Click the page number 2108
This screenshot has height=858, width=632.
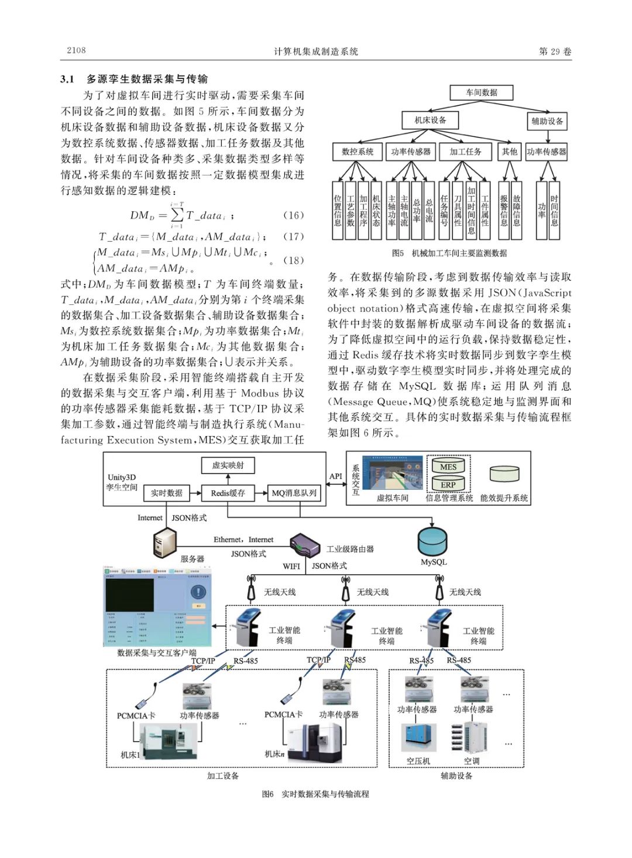pyautogui.click(x=76, y=50)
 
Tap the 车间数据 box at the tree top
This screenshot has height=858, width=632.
pyautogui.click(x=481, y=92)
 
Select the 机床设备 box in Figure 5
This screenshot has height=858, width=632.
pyautogui.click(x=430, y=120)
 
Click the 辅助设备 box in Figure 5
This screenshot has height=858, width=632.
pyautogui.click(x=547, y=121)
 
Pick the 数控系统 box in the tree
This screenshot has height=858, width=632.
pyautogui.click(x=357, y=152)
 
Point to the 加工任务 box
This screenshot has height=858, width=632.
pyautogui.click(x=465, y=152)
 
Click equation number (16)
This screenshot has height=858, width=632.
pyautogui.click(x=293, y=215)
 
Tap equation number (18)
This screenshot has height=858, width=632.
pyautogui.click(x=293, y=260)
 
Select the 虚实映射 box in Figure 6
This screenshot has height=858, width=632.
pyautogui.click(x=228, y=465)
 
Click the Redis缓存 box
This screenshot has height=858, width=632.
pyautogui.click(x=228, y=493)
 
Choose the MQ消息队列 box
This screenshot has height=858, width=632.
pyautogui.click(x=294, y=493)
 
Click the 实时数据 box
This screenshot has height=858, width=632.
pyautogui.click(x=167, y=493)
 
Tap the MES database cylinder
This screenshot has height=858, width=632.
pyautogui.click(x=448, y=466)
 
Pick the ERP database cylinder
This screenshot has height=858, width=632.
pyautogui.click(x=448, y=484)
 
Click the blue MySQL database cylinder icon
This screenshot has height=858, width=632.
pyautogui.click(x=432, y=541)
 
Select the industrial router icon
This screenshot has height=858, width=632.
pyautogui.click(x=305, y=545)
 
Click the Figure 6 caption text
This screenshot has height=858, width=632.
pyautogui.click(x=315, y=794)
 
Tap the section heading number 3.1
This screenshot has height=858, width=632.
pyautogui.click(x=67, y=79)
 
